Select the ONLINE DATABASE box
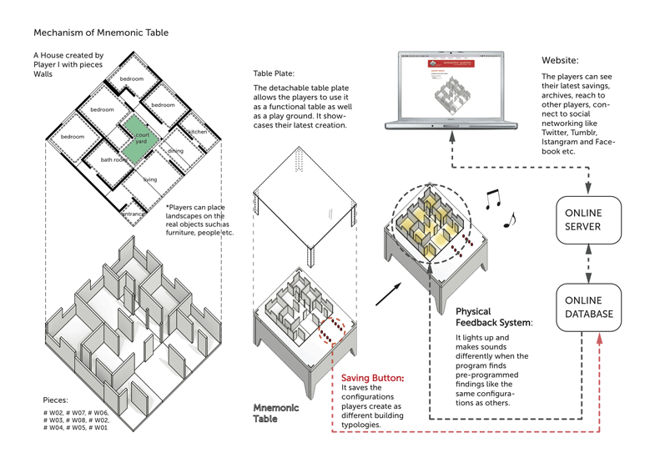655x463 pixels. click(589, 307)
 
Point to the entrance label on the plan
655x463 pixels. click(134, 214)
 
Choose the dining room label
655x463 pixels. click(175, 151)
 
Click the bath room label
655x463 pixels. click(113, 159)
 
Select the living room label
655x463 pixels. click(149, 179)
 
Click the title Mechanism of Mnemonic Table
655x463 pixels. click(100, 33)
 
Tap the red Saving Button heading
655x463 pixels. click(373, 378)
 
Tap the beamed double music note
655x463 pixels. click(494, 196)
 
